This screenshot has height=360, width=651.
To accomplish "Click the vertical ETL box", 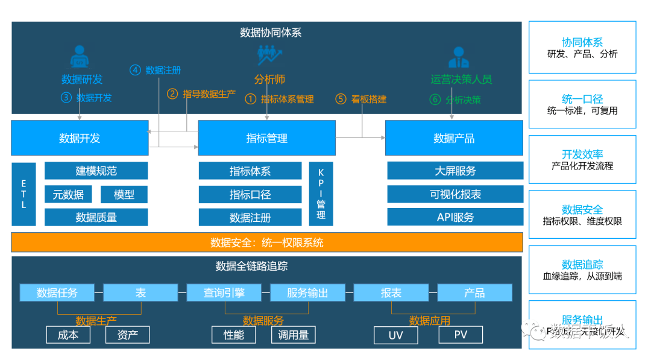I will coord(24,194).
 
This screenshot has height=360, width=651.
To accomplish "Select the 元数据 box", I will coord(68,194).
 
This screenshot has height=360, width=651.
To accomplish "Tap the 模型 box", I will coord(124,194).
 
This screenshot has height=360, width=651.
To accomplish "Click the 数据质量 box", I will coord(96,217).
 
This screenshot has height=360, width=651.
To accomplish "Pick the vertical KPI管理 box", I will coord(321,194).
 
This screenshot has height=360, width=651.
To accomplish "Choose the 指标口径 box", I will coord(250,194).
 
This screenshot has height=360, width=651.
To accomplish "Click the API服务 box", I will coord(455,217).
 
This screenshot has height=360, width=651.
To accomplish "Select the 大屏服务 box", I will coord(455,171).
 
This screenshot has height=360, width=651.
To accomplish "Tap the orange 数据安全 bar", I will coord(267,242).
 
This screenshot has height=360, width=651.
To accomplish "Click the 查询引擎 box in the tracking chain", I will coord(224,293).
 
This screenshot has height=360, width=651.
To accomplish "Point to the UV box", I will coord(395,335).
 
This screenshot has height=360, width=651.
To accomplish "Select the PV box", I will coord(461,335).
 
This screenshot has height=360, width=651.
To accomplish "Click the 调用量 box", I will coord(294,335).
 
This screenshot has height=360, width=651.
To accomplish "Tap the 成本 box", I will coord(68,335).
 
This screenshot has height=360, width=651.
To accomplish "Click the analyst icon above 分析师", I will coord(269,56).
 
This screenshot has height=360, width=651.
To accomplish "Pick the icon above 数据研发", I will coord(80,57).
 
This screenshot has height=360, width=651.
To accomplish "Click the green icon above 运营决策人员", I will coord(459,57).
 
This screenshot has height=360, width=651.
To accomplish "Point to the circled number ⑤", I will coord(341,99).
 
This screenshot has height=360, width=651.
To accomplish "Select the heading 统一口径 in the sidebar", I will coord(582,99).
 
